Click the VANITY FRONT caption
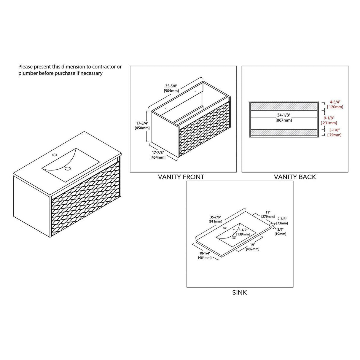pos(181,177)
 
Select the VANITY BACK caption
pos(295,177)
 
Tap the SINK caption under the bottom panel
pos(240,293)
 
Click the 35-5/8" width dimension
pos(171,86)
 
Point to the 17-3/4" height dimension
pos(142,123)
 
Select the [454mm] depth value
pos(158,157)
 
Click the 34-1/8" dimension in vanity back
pos(283,115)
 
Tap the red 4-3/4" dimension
pos(335,102)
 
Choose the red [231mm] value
pos(329,123)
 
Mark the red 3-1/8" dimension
pos(334,130)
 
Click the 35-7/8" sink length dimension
pos(215,217)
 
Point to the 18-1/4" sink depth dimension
pos(205,253)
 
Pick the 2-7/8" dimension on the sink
pos(282,219)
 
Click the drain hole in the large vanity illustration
pos(67,168)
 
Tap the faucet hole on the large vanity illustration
pos(55,155)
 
